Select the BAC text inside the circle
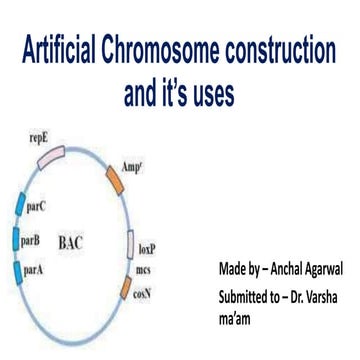coord(71,243)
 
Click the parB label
coord(30,240)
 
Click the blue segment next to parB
coord(14,240)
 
